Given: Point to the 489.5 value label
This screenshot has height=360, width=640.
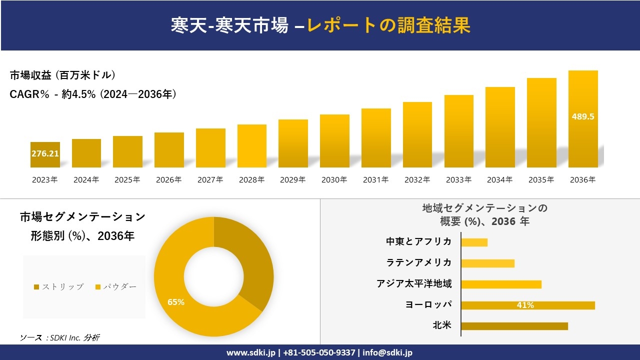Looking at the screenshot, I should (x=583, y=116).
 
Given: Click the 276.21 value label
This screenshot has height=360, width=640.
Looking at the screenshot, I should (x=45, y=153).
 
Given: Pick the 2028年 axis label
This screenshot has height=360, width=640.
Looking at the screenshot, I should (x=251, y=180).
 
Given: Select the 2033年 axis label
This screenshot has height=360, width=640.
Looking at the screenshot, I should (x=458, y=180).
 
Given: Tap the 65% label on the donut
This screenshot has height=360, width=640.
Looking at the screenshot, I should (x=176, y=302).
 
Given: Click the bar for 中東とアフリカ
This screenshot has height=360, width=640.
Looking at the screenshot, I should (x=474, y=242).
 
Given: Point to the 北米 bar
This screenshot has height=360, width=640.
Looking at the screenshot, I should (x=514, y=326).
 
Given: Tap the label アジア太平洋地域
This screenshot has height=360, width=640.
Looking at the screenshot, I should (x=414, y=284).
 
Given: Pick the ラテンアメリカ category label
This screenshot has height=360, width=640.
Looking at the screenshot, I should (x=419, y=263).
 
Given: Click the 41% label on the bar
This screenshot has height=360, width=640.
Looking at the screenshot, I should (x=525, y=305).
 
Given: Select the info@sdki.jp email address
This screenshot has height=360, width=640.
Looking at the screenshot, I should (x=387, y=352).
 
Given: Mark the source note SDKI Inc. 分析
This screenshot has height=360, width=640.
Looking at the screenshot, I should (x=60, y=337).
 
